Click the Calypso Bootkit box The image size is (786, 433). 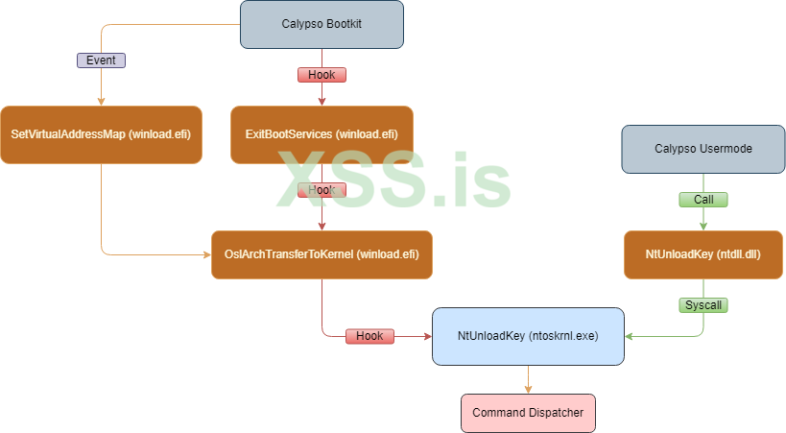322,24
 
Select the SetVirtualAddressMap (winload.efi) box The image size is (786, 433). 101,132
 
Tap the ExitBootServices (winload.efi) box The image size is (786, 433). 322,132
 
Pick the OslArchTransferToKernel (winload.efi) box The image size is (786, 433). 322,254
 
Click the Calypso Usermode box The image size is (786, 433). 703,149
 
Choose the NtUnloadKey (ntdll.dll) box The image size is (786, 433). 703,254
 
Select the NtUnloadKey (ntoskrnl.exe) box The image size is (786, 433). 528,336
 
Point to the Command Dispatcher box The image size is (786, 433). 528,414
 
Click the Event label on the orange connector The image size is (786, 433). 101,60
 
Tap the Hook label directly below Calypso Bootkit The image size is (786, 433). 322,74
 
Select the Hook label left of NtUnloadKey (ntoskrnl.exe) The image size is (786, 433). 369,336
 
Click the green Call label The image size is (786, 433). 703,200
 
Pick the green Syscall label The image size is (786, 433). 703,305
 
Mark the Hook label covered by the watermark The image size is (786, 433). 322,190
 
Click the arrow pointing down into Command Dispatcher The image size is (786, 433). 528,388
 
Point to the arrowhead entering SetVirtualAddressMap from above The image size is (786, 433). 101,101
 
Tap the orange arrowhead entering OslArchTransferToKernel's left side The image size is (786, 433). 206,254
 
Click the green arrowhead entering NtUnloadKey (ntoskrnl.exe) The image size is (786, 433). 630,336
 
